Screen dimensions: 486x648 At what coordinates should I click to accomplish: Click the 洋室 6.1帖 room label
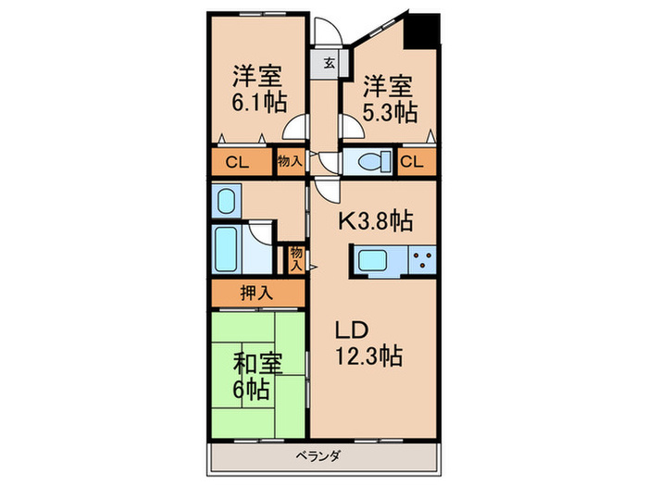(x=257, y=87)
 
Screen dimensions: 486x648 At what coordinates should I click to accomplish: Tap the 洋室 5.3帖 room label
(x=389, y=99)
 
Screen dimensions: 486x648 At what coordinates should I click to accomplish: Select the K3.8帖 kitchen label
(x=374, y=221)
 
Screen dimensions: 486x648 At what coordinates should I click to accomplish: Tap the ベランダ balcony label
(x=323, y=455)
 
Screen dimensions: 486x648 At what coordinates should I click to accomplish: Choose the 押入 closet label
(x=256, y=294)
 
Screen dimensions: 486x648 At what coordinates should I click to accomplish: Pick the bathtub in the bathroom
(x=229, y=247)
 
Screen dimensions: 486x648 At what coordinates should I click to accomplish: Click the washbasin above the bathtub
(x=225, y=200)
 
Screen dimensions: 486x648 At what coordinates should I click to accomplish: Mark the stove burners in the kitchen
(x=424, y=261)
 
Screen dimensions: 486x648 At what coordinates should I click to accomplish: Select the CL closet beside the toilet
(x=414, y=163)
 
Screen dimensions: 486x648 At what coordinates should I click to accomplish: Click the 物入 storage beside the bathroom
(x=296, y=256)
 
